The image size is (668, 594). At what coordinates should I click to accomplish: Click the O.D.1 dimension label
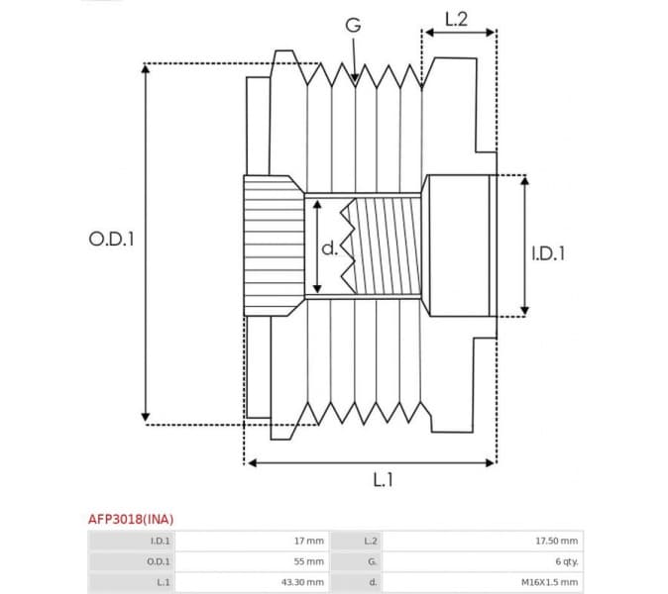111,239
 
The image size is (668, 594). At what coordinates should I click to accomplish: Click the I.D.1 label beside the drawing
547,253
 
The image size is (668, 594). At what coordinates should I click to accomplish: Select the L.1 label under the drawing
383,480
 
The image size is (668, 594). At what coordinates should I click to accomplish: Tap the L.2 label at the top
457,17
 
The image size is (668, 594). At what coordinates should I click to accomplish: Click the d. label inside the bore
329,248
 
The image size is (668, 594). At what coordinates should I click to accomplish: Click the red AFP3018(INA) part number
131,518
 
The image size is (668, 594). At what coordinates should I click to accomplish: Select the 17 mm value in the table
308,541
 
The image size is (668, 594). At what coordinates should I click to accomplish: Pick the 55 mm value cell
308,561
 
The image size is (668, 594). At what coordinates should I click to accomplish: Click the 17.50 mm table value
557,541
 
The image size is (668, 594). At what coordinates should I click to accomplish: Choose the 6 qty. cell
566,561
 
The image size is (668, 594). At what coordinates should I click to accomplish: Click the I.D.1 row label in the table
159,541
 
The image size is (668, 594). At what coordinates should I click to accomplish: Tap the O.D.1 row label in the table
158,561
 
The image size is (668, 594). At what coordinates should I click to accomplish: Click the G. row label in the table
372,561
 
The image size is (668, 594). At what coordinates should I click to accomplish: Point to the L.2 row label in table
371,541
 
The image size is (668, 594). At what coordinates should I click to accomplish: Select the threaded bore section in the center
387,245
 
